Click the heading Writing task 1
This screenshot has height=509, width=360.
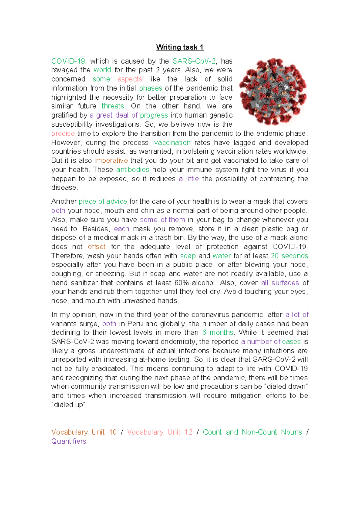point(180,47)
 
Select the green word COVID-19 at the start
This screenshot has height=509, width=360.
point(68,61)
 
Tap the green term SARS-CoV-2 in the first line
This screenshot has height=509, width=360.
point(194,61)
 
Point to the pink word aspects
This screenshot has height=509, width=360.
point(130,79)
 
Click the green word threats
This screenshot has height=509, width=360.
point(112,106)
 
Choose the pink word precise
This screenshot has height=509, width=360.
point(63,134)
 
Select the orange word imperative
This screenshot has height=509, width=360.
point(111,161)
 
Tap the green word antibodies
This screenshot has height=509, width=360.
point(133,170)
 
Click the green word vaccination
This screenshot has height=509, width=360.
point(172,143)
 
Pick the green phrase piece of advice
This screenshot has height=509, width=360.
point(103,201)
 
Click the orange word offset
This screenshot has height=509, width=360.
point(97,247)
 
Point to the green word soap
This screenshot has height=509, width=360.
point(188,256)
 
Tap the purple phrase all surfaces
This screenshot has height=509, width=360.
point(280,283)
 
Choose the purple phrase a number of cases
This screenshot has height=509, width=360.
point(271,342)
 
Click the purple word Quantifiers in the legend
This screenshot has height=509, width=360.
point(69,441)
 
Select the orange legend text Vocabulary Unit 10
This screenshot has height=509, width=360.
point(84,432)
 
